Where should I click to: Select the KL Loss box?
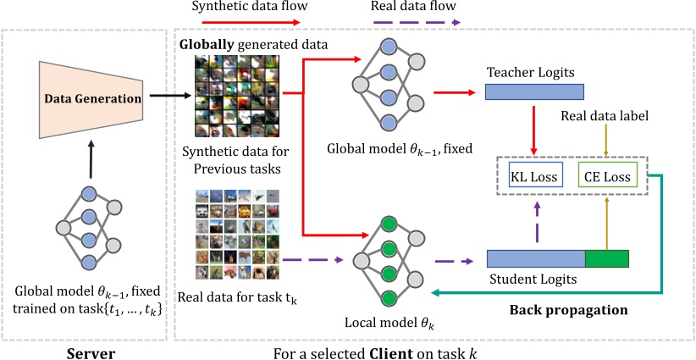coord(532,178)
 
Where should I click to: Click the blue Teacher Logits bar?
coord(534,91)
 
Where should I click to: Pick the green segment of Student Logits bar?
coord(606,259)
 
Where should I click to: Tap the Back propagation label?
coord(568,309)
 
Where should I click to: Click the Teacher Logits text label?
coord(524,72)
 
